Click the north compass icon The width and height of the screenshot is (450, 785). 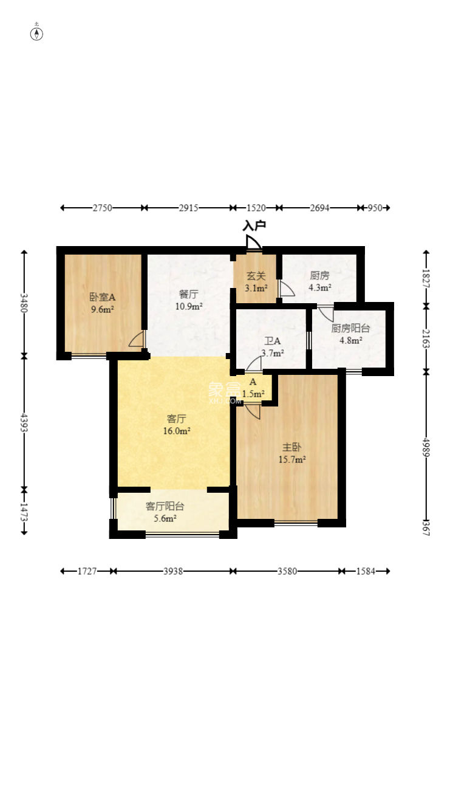(x=37, y=33)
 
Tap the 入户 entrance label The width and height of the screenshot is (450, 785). (x=254, y=225)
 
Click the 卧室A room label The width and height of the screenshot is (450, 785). (x=102, y=298)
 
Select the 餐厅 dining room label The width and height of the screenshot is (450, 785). (x=188, y=294)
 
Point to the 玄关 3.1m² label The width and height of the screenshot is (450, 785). (x=256, y=282)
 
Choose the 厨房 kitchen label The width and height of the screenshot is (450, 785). (x=319, y=276)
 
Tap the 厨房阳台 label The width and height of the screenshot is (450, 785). (x=350, y=328)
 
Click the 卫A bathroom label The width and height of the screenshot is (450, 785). (x=273, y=341)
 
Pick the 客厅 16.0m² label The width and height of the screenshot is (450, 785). (x=177, y=425)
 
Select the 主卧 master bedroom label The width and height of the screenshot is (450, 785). (x=291, y=447)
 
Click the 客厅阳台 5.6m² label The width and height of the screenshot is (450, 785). (x=165, y=512)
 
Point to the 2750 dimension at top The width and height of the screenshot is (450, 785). (x=102, y=208)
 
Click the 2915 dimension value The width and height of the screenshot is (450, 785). (x=188, y=208)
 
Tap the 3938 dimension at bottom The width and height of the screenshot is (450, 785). (x=173, y=571)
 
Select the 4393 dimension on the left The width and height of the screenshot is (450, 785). (x=24, y=422)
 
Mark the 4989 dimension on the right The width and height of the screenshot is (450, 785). (x=426, y=447)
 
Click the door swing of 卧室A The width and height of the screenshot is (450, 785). (x=136, y=339)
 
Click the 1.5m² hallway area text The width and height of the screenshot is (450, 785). (x=253, y=394)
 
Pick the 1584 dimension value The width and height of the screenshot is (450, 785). (x=366, y=571)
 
